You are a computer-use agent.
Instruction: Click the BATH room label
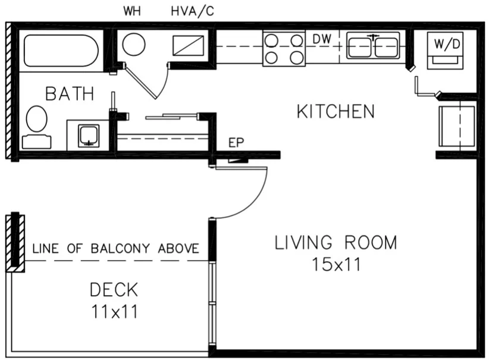point(70,93)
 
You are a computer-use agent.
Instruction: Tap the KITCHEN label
point(336,111)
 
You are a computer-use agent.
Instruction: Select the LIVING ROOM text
point(336,243)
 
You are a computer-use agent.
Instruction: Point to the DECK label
point(114,290)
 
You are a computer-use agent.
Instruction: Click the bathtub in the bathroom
point(61,51)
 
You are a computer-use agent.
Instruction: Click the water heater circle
point(134,45)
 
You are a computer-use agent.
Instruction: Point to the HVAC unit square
point(188,45)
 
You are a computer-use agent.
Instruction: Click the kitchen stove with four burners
point(284,48)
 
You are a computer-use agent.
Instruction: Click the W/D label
point(447,43)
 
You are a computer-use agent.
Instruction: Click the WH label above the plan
point(133,11)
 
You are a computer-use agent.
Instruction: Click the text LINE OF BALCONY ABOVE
point(115,249)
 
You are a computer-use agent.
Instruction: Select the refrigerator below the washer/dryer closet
point(456,126)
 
